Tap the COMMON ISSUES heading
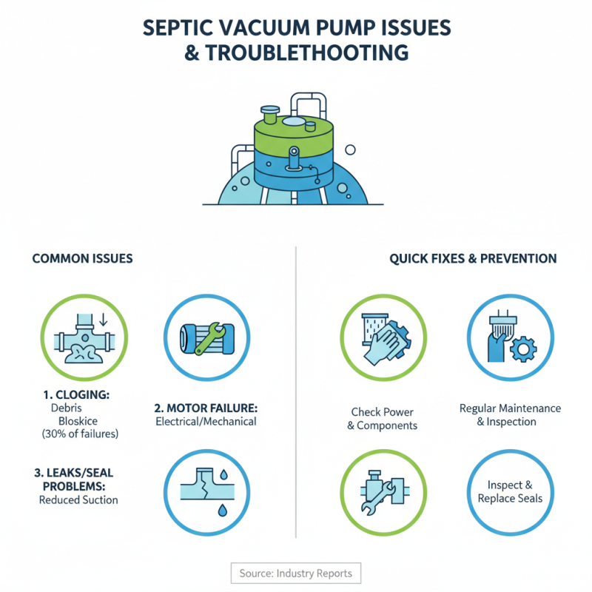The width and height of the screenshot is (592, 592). tap(82, 259)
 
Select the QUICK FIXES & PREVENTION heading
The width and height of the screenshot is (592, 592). tap(473, 259)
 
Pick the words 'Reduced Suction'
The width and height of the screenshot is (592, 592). tap(78, 499)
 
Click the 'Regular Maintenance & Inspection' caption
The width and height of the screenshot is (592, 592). tap(510, 415)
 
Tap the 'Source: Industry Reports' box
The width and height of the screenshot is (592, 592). tap(296, 573)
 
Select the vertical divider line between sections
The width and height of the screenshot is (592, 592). tap(296, 392)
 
